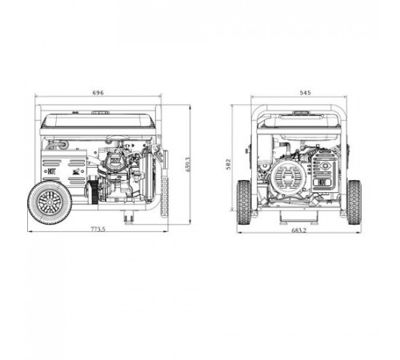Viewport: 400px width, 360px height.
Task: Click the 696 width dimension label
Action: (x=98, y=94)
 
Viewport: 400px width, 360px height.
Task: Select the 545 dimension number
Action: (x=304, y=94)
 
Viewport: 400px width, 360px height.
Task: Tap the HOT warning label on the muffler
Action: (x=51, y=169)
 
